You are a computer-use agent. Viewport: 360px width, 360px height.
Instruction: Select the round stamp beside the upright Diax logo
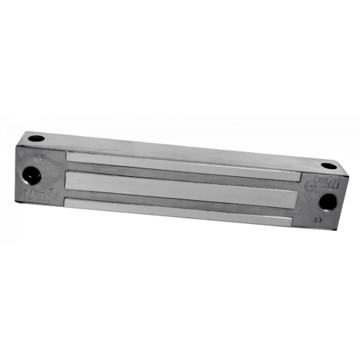pyautogui.click(x=53, y=193)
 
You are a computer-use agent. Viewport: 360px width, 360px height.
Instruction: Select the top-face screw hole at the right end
pyautogui.click(x=329, y=166)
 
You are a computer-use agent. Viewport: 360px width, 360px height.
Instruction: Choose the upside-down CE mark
pyautogui.click(x=319, y=220)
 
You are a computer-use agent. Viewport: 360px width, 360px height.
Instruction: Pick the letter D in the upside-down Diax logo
pyautogui.click(x=335, y=182)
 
